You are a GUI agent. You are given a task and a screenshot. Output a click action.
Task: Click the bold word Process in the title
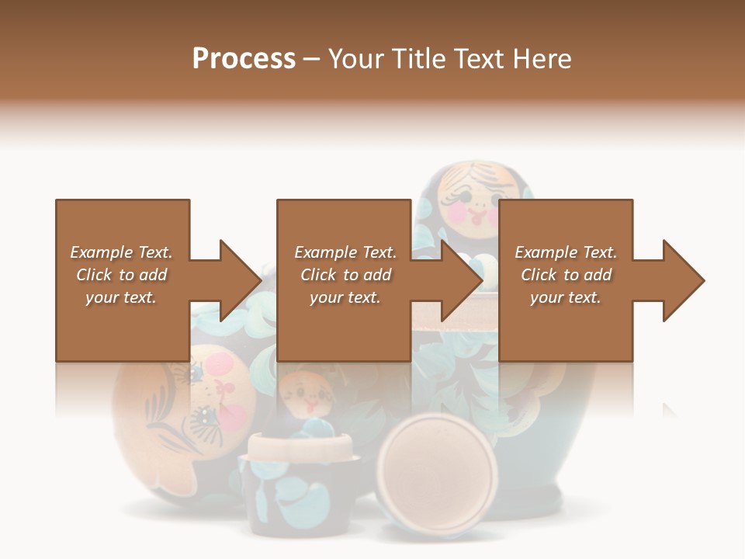pyautogui.click(x=244, y=59)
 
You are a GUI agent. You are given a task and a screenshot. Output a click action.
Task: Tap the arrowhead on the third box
pyautogui.click(x=683, y=280)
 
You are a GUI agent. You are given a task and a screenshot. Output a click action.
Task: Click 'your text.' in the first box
pyautogui.click(x=121, y=297)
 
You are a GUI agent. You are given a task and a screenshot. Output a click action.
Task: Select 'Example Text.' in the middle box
pyautogui.click(x=345, y=252)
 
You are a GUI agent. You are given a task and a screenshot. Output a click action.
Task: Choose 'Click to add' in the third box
pyautogui.click(x=566, y=275)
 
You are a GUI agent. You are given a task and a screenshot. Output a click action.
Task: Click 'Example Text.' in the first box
pyautogui.click(x=121, y=252)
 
